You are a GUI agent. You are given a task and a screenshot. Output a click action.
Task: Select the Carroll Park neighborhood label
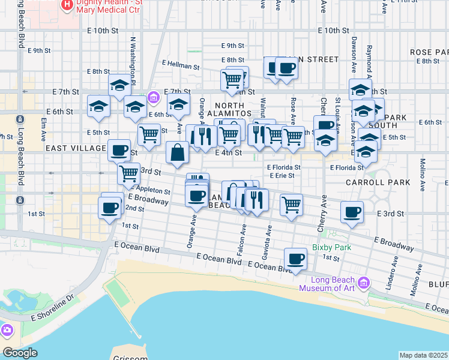coord(378,182)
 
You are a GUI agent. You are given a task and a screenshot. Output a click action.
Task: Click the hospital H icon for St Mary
coord(67,5)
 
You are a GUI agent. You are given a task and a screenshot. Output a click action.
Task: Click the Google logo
coord(20,353)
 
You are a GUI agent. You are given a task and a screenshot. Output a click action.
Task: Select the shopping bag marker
coord(178,153)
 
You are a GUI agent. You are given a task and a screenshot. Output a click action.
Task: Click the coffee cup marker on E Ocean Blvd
coord(295,259)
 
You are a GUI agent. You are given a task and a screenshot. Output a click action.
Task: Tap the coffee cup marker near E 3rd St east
coord(352,211)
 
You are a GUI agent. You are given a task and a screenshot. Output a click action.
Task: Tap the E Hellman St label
coord(181,64)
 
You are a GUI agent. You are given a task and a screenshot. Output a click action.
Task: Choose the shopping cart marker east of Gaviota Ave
coord(291,205)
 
